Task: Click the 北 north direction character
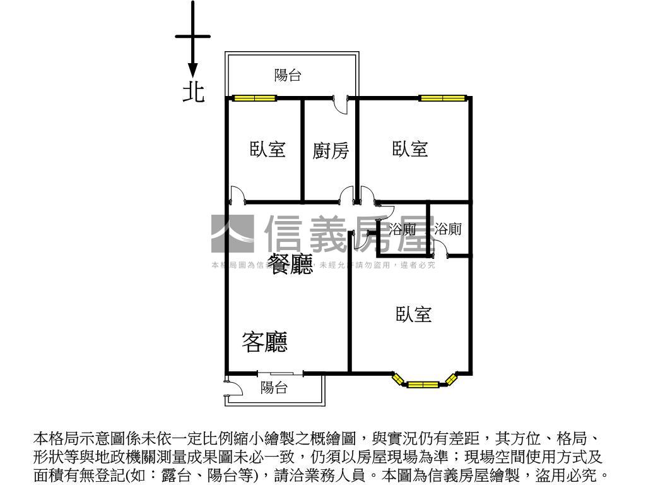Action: tap(194, 92)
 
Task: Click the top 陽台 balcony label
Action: tap(288, 76)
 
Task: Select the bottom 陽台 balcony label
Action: tap(274, 388)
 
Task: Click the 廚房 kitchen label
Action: tap(331, 151)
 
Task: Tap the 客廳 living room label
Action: tap(265, 342)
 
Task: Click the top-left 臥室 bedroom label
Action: tap(267, 150)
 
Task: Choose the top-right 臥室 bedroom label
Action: tap(411, 150)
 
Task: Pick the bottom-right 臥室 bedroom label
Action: tap(414, 314)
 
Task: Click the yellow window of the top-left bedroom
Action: tap(254, 98)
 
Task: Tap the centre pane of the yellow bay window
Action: tap(423, 384)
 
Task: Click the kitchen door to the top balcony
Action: tap(341, 105)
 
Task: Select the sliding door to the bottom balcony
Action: tap(281, 373)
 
